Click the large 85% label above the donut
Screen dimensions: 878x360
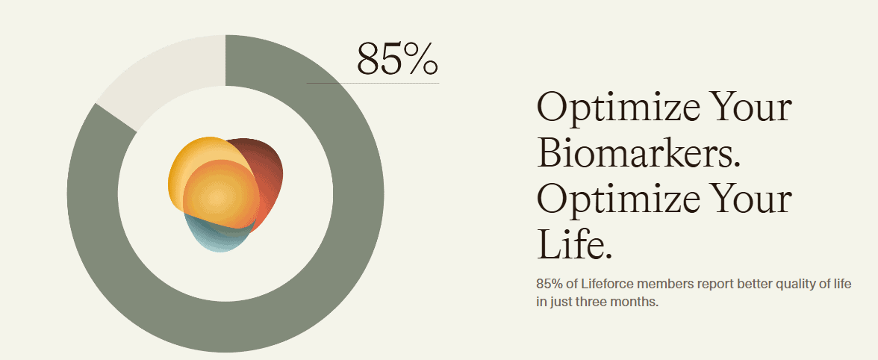point(397,59)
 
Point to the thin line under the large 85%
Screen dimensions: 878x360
point(373,84)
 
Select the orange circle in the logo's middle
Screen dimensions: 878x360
point(221,194)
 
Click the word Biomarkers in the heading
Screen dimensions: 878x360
point(638,152)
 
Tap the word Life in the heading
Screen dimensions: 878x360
point(575,243)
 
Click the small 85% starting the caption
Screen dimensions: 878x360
point(549,284)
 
